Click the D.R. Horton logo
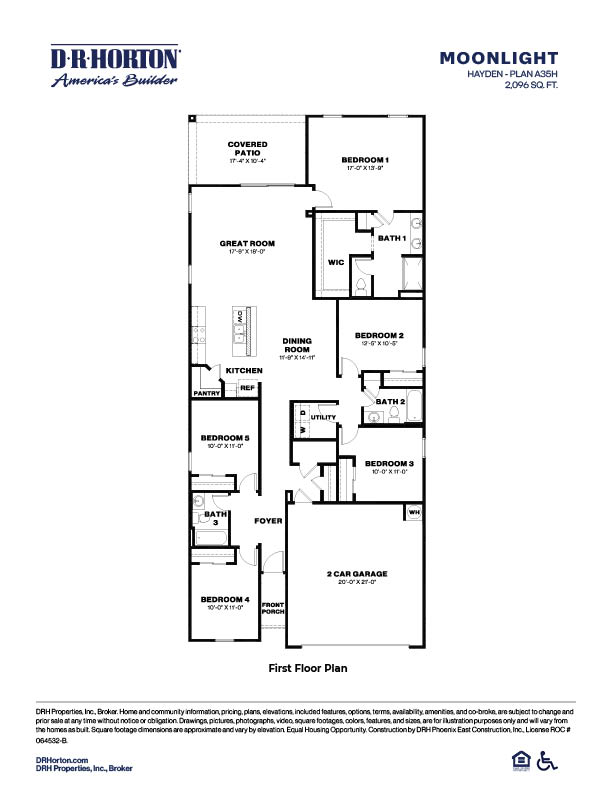point(115,66)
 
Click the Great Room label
point(247,244)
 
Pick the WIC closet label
point(336,262)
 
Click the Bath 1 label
point(391,238)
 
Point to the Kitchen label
point(244,371)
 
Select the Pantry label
point(207,393)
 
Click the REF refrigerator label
point(246,388)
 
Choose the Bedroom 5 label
point(224,438)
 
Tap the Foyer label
point(267,521)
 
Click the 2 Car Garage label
point(356,574)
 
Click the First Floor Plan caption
point(306,666)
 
